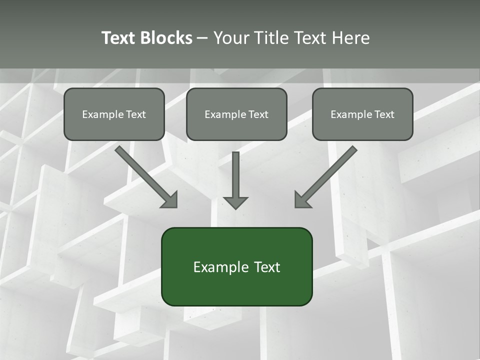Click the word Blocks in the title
pyautogui.click(x=166, y=38)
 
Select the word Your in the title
pyautogui.click(x=231, y=38)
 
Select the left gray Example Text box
pyautogui.click(x=114, y=114)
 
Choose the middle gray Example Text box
pyautogui.click(x=236, y=114)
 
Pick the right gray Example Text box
pyautogui.click(x=362, y=114)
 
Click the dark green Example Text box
pyautogui.click(x=236, y=266)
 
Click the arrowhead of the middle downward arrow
pyautogui.click(x=235, y=202)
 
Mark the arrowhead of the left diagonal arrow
pyautogui.click(x=170, y=200)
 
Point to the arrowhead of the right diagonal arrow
pyautogui.click(x=302, y=200)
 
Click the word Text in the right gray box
pyautogui.click(x=384, y=114)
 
